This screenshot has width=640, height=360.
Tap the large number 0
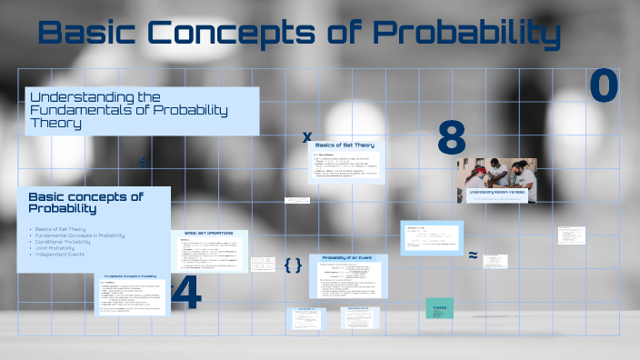tap(604, 86)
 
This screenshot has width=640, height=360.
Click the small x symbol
tap(307, 137)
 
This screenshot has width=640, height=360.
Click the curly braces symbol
tap(293, 265)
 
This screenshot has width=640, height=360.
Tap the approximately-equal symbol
tap(473, 255)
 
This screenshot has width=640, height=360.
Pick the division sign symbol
tap(143, 162)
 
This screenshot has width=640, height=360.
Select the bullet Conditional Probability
tap(63, 242)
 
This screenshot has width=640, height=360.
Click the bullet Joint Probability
tap(55, 248)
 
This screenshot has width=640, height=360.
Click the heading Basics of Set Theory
tap(345, 145)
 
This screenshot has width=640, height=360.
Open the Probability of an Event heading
tap(348, 261)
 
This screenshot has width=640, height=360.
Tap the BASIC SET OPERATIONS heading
tap(209, 235)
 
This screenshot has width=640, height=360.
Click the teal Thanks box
tap(440, 308)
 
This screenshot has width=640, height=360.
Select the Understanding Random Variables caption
tap(496, 194)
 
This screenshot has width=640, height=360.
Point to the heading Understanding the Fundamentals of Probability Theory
tap(127, 109)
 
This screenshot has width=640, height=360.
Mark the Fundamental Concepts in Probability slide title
tap(132, 275)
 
